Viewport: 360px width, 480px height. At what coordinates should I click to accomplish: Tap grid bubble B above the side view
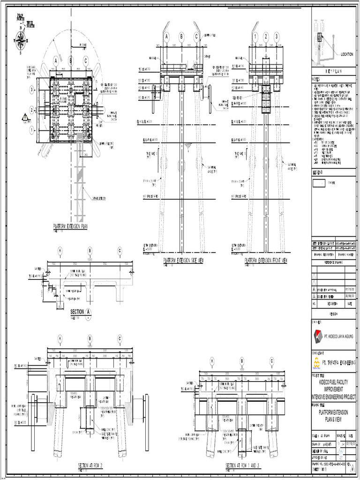coord(181,37)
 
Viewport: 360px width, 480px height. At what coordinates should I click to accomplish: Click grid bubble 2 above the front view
coord(266,37)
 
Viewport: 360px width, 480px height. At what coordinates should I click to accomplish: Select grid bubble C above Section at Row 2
coord(120,338)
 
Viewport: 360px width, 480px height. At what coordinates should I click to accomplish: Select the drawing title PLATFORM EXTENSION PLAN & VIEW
coord(334,414)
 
